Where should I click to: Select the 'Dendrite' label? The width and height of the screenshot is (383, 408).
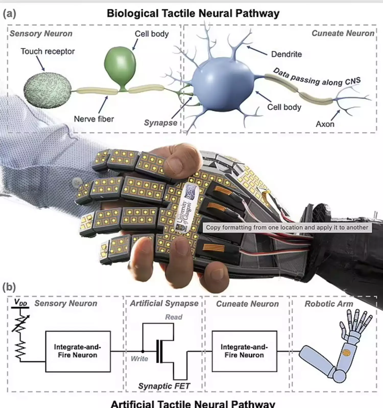point(286,54)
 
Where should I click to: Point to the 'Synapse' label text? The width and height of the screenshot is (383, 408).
point(160,123)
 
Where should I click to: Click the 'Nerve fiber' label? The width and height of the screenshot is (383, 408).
point(94,119)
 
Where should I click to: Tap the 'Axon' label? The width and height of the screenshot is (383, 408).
point(325,124)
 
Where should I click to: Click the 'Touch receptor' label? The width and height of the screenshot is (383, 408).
point(48,52)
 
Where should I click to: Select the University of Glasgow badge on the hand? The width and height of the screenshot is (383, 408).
point(188,208)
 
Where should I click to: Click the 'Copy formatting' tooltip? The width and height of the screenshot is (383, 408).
point(287,227)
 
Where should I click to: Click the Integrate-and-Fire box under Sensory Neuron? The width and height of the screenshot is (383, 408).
point(78,351)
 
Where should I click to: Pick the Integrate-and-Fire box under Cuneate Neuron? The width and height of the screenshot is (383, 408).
point(244,351)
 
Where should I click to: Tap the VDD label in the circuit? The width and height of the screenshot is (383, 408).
point(21,302)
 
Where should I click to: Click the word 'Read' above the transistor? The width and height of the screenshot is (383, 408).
point(174,317)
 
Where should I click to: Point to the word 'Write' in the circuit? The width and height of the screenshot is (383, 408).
point(139,359)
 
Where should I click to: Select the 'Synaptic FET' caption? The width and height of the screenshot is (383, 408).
point(164,386)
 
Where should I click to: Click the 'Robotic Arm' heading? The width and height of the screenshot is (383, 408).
point(329,304)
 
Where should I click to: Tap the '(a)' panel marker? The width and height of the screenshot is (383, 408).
point(9,13)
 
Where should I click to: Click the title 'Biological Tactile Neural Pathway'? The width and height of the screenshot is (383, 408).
point(193,13)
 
